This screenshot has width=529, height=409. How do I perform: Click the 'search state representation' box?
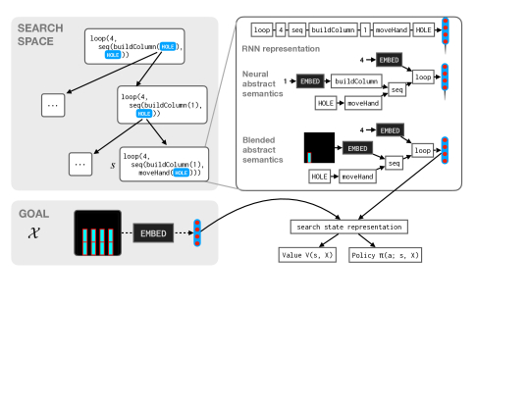(348, 227)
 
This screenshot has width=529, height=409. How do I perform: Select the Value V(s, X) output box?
(307, 255)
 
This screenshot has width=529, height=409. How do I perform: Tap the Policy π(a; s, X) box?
(385, 255)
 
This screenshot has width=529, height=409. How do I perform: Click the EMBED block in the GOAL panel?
(153, 233)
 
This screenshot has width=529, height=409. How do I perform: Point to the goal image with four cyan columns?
(98, 233)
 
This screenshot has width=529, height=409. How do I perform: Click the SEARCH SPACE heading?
(40, 34)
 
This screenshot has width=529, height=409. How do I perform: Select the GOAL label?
(33, 214)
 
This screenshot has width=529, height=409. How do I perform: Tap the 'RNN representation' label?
(281, 49)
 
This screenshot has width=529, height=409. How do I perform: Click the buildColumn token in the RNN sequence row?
(333, 30)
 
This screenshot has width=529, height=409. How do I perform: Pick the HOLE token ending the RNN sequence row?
(423, 30)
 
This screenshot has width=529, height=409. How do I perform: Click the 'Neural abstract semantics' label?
(262, 83)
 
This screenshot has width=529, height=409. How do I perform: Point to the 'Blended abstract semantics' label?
(262, 150)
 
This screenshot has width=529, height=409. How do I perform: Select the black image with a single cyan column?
(319, 148)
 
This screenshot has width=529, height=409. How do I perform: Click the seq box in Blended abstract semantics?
(395, 164)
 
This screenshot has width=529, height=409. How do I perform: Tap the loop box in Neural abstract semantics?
(423, 77)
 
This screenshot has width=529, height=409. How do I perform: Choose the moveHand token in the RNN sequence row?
(392, 30)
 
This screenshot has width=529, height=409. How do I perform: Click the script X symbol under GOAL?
(33, 232)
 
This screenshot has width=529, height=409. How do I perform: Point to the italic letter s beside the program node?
(113, 165)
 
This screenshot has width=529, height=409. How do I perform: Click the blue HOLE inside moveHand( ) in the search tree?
(182, 173)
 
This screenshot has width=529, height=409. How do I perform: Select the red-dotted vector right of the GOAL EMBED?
(197, 233)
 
